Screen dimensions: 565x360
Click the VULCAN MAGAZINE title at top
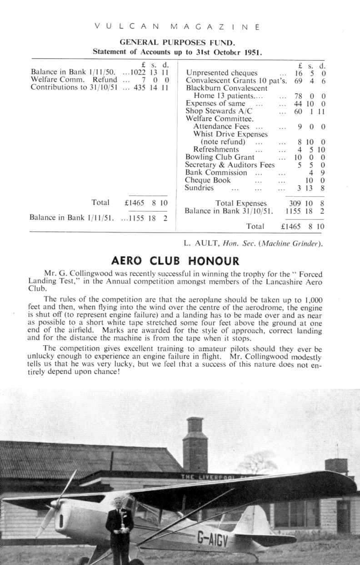click(178, 27)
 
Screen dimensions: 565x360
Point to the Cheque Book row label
click(208, 180)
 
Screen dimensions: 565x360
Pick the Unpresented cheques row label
click(222, 73)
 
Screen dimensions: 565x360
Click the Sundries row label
click(199, 188)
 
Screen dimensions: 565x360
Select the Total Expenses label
click(241, 203)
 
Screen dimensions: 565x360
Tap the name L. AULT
click(200, 243)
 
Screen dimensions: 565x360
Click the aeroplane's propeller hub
click(55, 504)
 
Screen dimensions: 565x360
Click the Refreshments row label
click(216, 149)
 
